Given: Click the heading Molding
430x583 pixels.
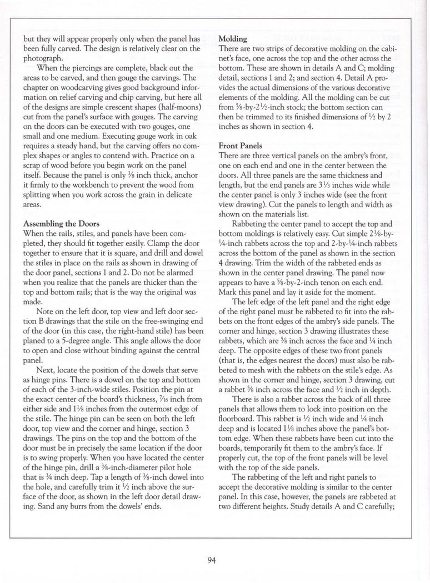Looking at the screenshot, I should pyautogui.click(x=234, y=39).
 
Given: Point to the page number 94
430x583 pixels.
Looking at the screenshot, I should pyautogui.click(x=211, y=559).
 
